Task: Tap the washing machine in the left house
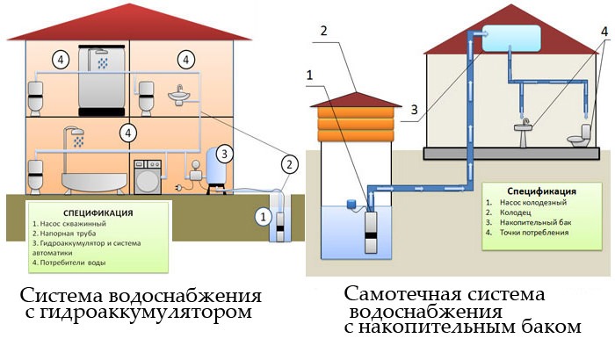146,176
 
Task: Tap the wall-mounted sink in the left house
182,92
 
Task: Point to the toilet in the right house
580,137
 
